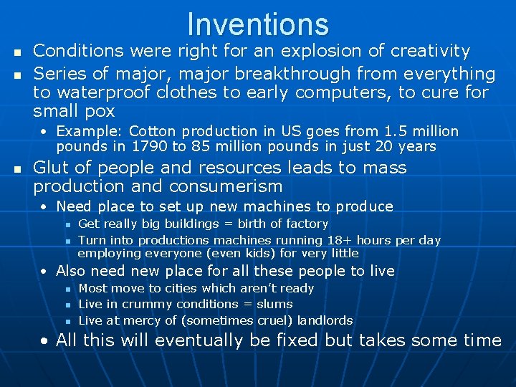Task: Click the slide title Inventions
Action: click(258, 24)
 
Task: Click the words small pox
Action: click(74, 112)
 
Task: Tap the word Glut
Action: click(52, 168)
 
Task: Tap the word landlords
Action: click(325, 320)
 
